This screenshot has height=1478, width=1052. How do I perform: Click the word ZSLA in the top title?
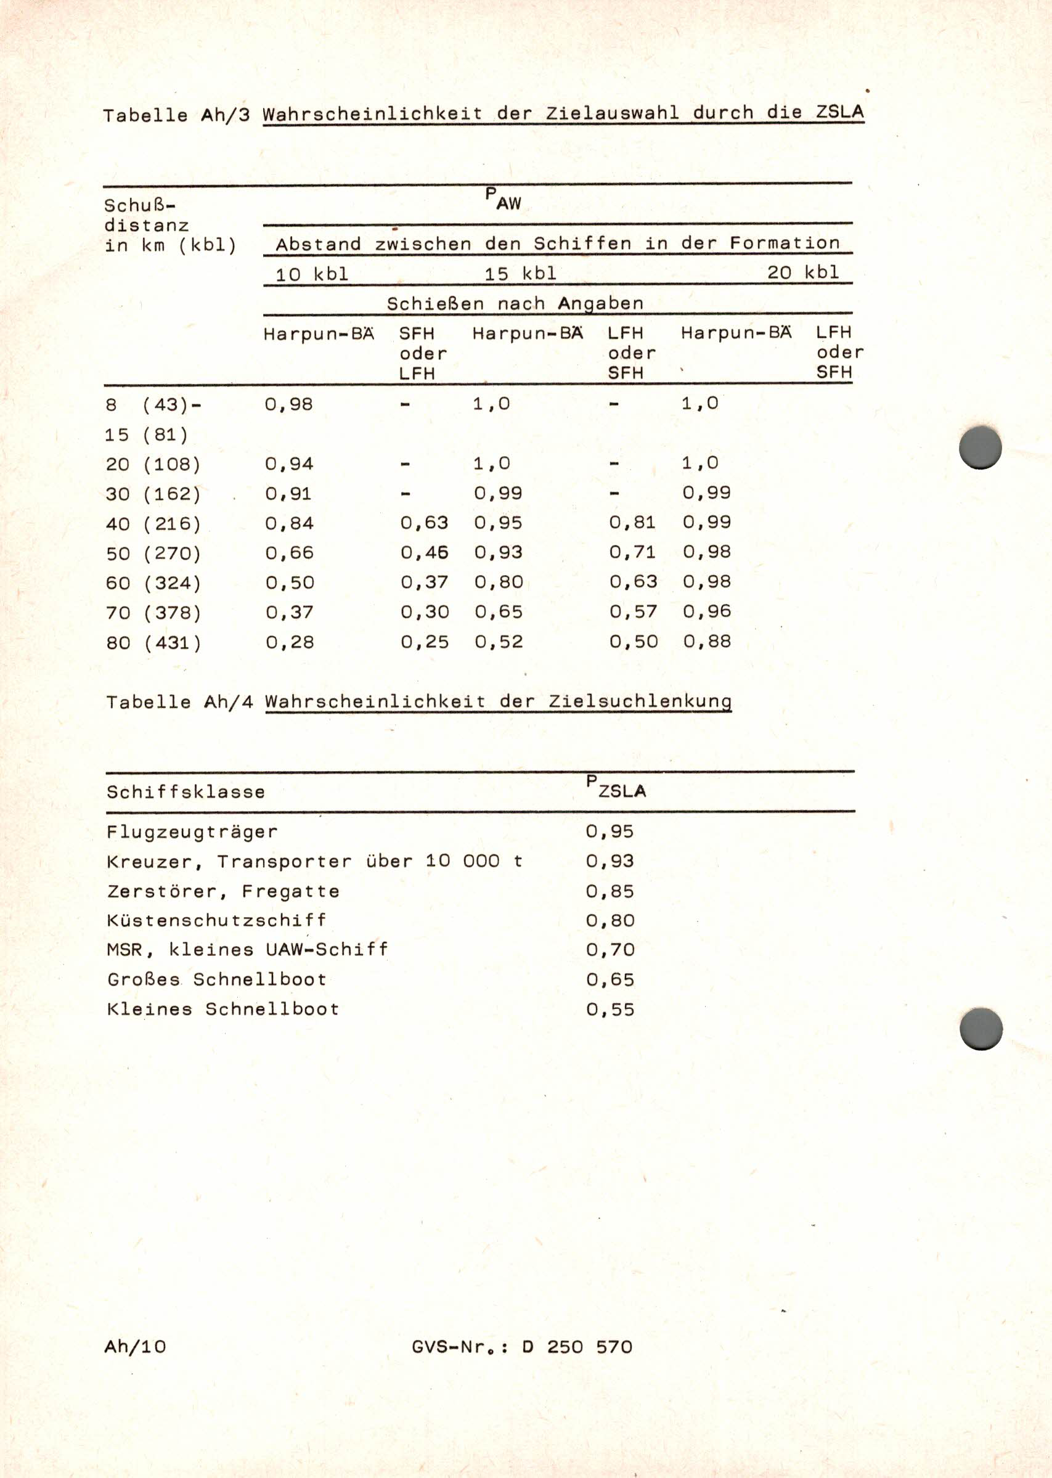(x=839, y=112)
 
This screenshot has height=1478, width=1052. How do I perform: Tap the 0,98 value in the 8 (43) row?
(x=289, y=404)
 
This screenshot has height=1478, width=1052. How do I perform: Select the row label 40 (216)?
(x=153, y=523)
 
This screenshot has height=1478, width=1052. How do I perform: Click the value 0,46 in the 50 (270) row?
(x=424, y=552)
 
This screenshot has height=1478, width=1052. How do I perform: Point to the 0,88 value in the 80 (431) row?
(x=707, y=641)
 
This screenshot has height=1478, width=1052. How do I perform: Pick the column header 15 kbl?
(x=520, y=273)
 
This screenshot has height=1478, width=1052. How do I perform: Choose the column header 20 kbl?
(x=803, y=272)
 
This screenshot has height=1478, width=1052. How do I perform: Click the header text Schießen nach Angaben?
(x=515, y=303)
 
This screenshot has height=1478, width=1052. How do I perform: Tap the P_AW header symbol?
(x=504, y=200)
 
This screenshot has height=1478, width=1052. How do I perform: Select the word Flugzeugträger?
(x=192, y=831)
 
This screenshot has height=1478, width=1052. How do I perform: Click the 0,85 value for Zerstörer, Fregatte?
(x=610, y=891)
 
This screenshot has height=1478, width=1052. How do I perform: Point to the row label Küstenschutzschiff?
(x=216, y=920)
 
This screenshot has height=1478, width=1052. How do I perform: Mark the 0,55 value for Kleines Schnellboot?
(x=610, y=1009)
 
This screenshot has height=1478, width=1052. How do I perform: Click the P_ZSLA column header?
(x=616, y=788)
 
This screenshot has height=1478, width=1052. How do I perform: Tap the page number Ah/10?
(x=135, y=1347)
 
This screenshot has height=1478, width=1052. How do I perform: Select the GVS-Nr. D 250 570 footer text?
(x=521, y=1347)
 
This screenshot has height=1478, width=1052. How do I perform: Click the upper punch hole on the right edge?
(x=980, y=447)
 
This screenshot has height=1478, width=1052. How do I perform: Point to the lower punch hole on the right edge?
(x=981, y=1029)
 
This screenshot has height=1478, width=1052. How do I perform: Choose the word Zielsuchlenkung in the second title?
(x=640, y=701)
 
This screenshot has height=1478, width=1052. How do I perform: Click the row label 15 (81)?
(x=147, y=435)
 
